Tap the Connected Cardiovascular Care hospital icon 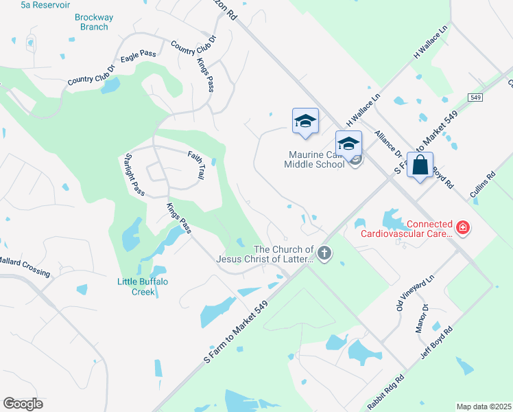coord(464,227)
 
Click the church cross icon coord(324,254)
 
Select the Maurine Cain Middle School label coord(315,160)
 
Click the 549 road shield coord(476,98)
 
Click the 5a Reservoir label coord(46,5)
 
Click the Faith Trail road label coord(196,165)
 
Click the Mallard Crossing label coord(25,266)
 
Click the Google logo coord(23,404)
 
